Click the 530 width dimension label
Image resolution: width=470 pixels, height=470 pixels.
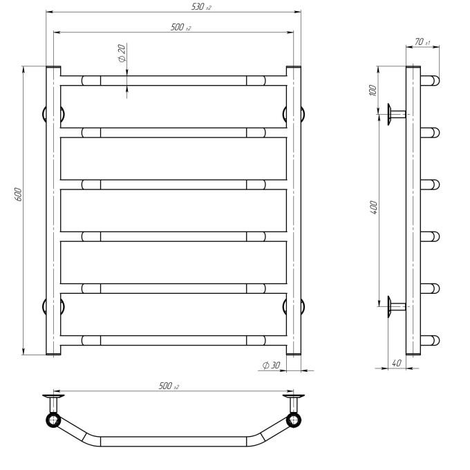coord(201,7)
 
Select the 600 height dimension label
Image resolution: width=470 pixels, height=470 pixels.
coord(18,194)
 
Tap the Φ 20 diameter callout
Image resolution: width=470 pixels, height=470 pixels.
coord(122,53)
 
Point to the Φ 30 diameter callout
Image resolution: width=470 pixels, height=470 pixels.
coord(271,366)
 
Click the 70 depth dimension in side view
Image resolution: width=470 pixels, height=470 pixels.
coord(422,42)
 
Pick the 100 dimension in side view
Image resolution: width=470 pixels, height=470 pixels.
coord(373,91)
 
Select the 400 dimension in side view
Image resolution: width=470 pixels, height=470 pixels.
coord(373,207)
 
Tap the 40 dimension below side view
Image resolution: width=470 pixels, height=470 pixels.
coord(396,363)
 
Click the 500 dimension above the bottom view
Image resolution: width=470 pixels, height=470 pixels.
coord(169,386)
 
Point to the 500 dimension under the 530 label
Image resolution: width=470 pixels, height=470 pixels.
coord(181,27)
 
